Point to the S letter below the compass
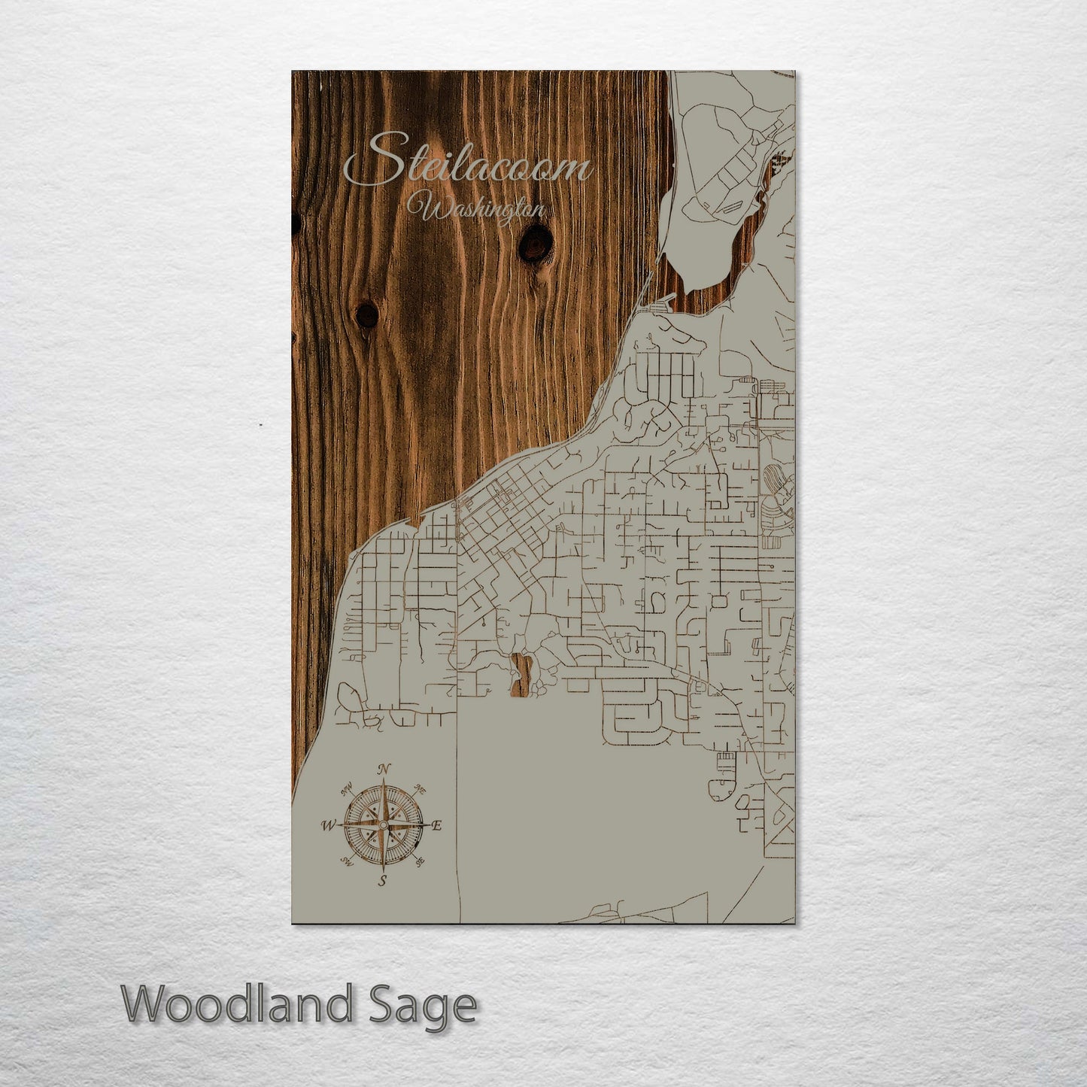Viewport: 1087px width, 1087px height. point(382,882)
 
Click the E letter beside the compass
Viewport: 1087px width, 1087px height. point(438,825)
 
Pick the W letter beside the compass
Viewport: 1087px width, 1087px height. point(328,825)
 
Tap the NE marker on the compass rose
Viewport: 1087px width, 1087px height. point(421,791)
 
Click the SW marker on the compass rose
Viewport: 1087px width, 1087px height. point(348,861)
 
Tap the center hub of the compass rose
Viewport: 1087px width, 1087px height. point(383,825)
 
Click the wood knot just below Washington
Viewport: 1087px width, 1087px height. point(535,242)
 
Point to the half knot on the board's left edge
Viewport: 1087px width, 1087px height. point(294,222)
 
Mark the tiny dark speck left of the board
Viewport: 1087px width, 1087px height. point(261,425)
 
